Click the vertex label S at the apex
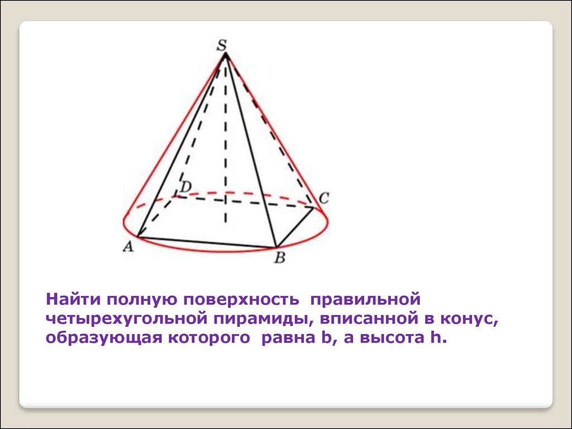coord(221,46)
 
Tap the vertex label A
coord(128,247)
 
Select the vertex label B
coord(279,258)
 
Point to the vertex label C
coord(323,198)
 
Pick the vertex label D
coord(185,187)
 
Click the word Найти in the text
coord(73,299)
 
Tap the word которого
coord(209,337)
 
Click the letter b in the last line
coord(326,338)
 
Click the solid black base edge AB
coord(207,242)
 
